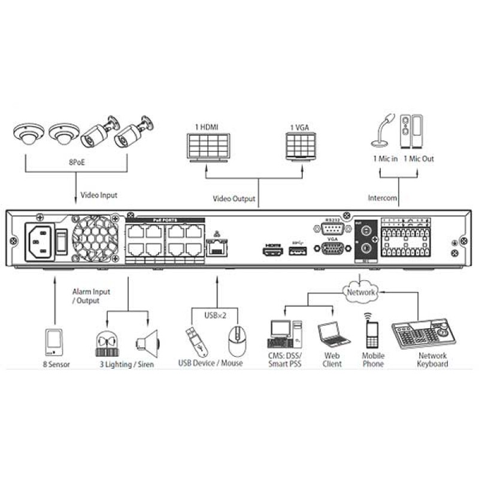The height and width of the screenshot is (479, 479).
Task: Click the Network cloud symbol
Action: (x=360, y=292)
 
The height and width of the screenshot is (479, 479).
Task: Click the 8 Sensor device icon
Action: (x=54, y=342)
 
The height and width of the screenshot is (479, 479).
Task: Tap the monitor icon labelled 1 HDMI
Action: (x=207, y=145)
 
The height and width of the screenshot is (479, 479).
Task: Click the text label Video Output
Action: (x=234, y=198)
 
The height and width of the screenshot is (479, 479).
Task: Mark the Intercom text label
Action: (x=383, y=196)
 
